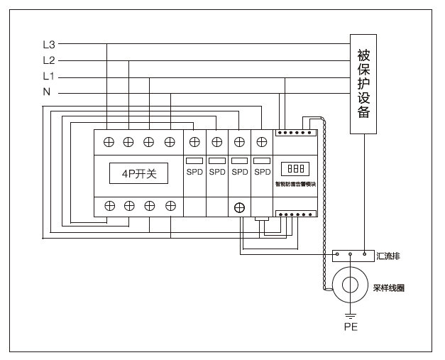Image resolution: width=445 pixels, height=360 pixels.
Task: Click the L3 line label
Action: pyautogui.click(x=48, y=45)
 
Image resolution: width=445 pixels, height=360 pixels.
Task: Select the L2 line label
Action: pyautogui.click(x=48, y=60)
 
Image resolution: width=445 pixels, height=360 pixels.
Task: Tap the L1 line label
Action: pyautogui.click(x=48, y=76)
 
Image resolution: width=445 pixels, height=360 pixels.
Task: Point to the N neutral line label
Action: pyautogui.click(x=47, y=92)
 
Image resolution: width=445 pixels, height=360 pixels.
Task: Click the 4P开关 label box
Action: pyautogui.click(x=139, y=173)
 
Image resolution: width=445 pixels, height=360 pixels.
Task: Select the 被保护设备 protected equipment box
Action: pyautogui.click(x=363, y=83)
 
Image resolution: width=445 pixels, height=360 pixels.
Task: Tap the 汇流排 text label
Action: pyautogui.click(x=389, y=255)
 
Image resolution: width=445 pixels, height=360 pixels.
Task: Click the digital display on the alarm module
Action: pyautogui.click(x=294, y=169)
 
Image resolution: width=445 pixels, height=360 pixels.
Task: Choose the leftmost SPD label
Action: pyautogui.click(x=195, y=172)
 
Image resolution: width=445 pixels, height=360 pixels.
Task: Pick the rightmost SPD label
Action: pyautogui.click(x=263, y=172)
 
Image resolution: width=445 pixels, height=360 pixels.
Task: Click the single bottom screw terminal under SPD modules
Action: pyautogui.click(x=240, y=207)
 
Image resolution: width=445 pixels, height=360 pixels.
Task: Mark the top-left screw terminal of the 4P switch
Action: pyautogui.click(x=109, y=141)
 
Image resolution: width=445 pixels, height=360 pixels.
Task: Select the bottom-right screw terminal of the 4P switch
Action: pyautogui.click(x=170, y=207)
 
